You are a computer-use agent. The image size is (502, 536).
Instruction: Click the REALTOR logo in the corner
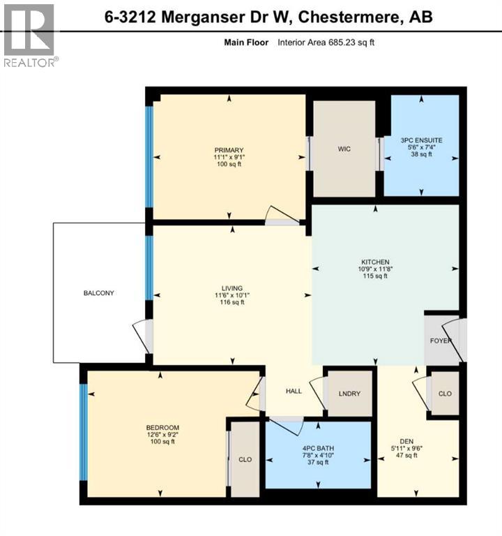[x=29, y=35]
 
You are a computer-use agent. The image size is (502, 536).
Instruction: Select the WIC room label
[x=344, y=149]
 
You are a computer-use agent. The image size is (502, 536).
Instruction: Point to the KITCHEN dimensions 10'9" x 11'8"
[x=374, y=269]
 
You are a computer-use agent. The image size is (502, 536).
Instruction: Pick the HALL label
[x=294, y=391]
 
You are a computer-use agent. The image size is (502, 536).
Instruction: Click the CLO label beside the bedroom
[x=245, y=461]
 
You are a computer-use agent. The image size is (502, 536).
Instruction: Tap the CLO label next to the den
[x=445, y=394]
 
